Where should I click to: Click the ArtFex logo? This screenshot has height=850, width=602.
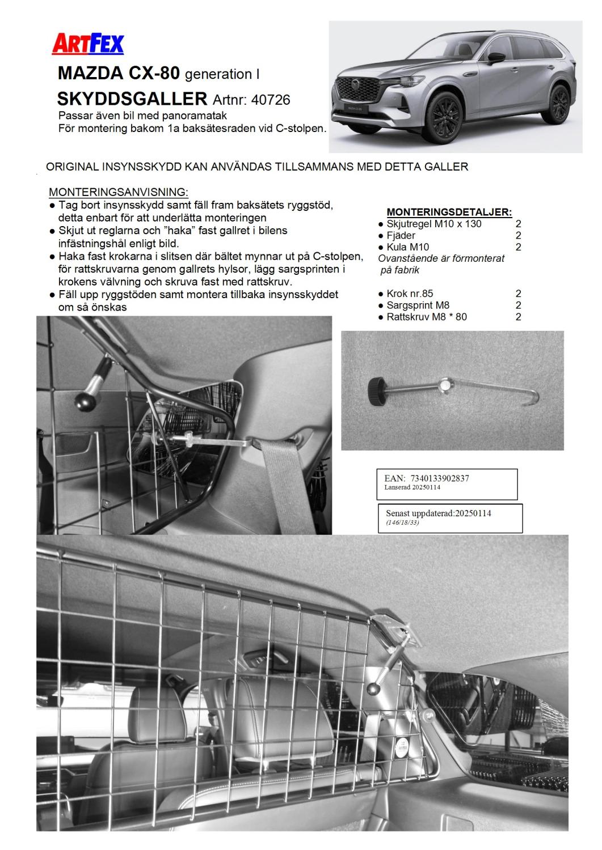pos(88,44)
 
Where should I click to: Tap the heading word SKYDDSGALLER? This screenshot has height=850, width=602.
pos(132,99)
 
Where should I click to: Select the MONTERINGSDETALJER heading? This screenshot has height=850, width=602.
pos(449,212)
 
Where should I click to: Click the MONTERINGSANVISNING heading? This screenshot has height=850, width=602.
pos(119,192)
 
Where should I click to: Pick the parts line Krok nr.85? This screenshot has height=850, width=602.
pos(410,294)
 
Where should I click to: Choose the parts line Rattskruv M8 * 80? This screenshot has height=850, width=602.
pos(427,317)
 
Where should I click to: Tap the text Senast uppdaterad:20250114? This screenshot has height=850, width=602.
pos(439,513)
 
